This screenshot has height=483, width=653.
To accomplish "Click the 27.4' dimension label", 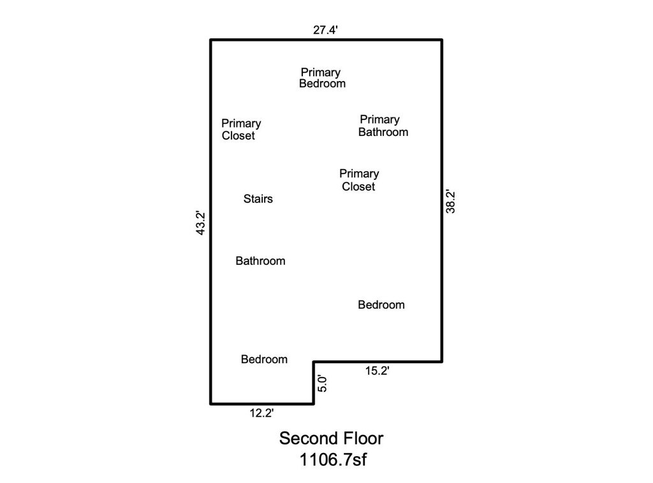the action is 325,30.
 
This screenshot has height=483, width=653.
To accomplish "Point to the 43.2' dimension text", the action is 201,223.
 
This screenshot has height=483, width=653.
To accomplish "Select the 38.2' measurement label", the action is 451,202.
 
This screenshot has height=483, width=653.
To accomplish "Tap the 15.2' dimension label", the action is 378,371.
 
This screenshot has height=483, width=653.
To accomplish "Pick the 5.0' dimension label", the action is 322,383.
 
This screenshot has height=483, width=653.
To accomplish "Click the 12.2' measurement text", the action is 261,413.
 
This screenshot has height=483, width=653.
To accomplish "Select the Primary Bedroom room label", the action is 322,78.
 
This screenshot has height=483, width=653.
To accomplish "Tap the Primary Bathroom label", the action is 383,126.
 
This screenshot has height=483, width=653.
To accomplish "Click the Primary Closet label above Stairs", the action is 241,130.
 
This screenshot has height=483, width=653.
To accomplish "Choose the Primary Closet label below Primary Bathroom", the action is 359,180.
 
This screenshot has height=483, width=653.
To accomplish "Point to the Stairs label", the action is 258,199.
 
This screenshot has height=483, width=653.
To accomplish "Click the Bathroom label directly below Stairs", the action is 260,261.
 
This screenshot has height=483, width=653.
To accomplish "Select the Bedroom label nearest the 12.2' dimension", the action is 264,359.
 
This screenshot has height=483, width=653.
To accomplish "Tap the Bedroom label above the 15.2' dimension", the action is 381,304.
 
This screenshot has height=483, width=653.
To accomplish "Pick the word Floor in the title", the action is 364,438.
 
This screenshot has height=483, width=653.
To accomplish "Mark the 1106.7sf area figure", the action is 333,459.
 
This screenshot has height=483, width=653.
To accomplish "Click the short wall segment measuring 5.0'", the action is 314,383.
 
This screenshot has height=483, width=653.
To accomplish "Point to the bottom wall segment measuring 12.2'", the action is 262,403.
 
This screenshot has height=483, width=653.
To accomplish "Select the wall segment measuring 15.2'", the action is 378,362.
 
